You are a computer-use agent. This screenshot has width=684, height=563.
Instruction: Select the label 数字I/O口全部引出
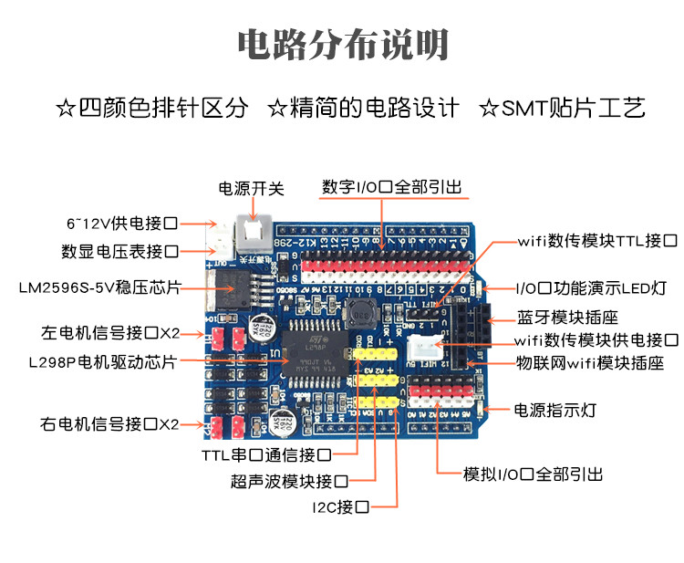coord(392,188)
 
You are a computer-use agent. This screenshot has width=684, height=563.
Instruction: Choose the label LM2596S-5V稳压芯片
coord(99,288)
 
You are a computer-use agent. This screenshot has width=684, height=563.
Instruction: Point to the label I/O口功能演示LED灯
coord(591,288)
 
